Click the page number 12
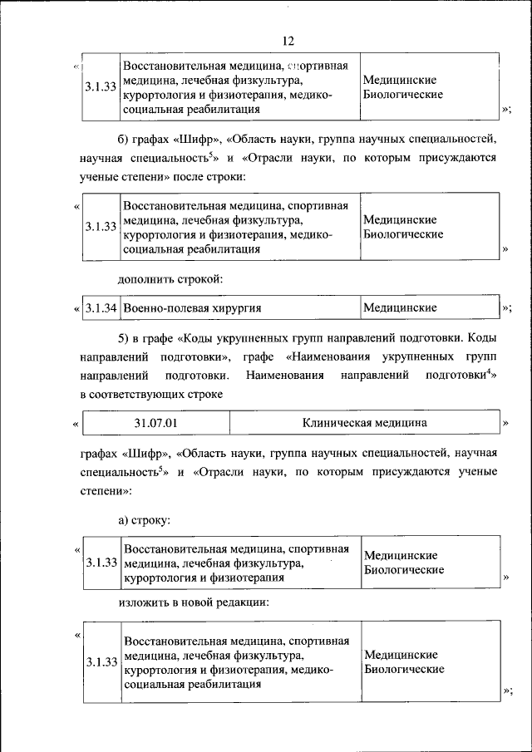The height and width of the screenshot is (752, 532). click(x=288, y=41)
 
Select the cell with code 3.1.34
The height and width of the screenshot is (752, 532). click(x=100, y=308)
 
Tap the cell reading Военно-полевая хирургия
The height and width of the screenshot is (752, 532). click(x=192, y=308)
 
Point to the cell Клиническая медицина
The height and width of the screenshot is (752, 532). click(x=365, y=423)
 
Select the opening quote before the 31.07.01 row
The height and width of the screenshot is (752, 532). click(x=76, y=424)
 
